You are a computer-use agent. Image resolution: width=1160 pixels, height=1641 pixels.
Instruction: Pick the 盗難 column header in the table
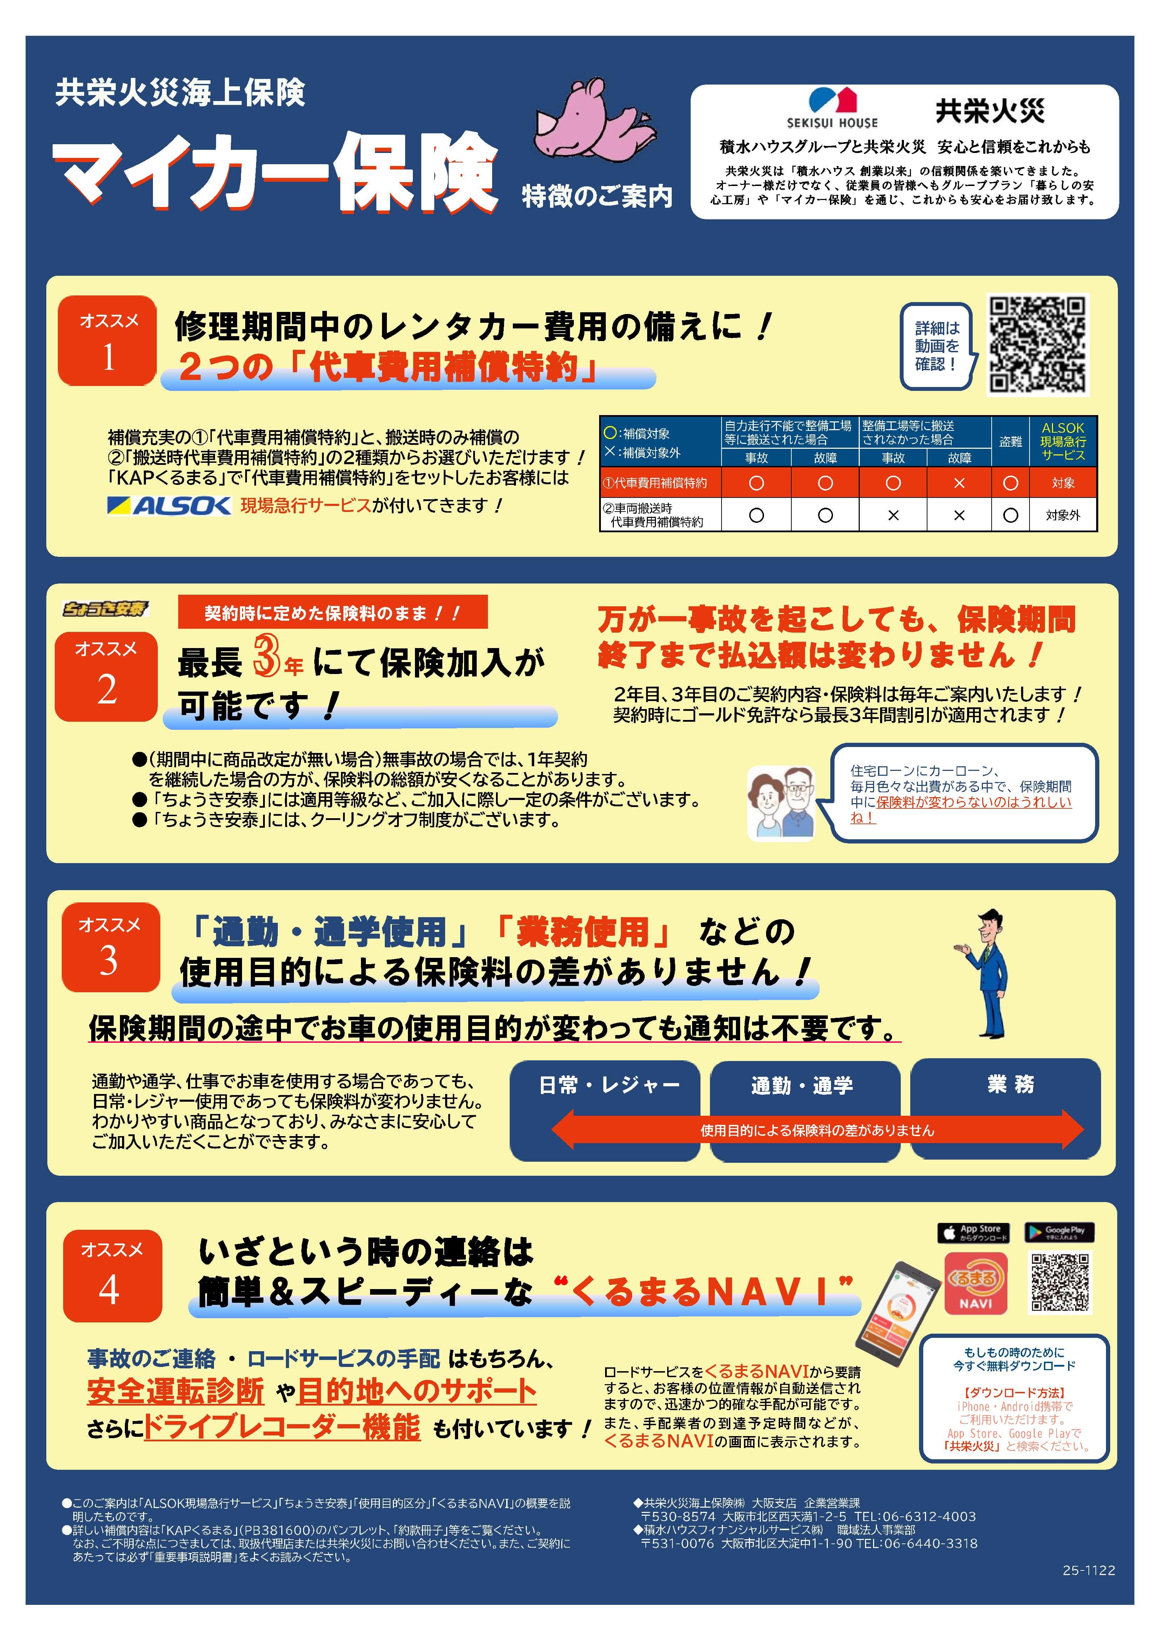point(1010,442)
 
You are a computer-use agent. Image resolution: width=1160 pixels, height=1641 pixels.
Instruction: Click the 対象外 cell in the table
point(1063,515)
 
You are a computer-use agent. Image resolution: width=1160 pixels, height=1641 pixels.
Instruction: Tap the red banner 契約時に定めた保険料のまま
point(332,613)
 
